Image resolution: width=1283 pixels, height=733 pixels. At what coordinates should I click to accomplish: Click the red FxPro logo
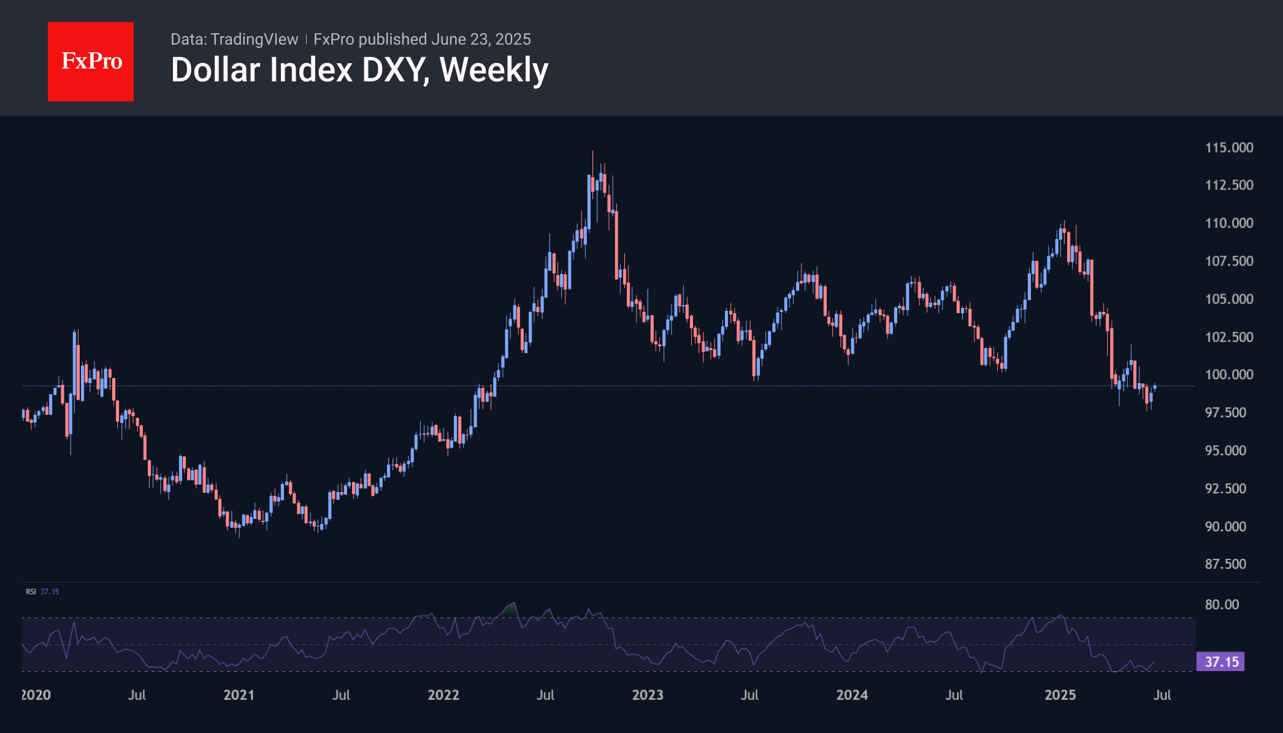coord(91,61)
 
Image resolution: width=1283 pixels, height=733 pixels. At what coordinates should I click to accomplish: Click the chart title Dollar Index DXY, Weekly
coord(359,70)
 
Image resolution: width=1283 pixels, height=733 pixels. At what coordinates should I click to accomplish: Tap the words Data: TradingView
coord(234,39)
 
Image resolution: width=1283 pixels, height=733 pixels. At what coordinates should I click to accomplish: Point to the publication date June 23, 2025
coord(481,39)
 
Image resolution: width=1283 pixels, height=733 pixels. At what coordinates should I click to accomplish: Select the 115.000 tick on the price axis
coord(1229,148)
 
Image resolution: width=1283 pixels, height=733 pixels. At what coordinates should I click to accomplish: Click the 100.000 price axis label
coord(1229,374)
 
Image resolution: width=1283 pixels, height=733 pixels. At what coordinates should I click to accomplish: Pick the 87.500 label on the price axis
coord(1225,564)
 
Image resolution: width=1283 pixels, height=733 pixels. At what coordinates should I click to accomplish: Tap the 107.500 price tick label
coord(1229,261)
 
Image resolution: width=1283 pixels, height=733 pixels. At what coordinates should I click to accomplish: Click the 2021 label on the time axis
coord(239,695)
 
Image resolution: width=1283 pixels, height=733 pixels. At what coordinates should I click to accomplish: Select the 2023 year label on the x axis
coord(648,695)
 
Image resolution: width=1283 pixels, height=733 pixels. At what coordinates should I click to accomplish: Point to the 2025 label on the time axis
coord(1060,695)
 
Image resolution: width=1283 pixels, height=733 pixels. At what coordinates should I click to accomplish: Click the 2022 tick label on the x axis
coord(443,695)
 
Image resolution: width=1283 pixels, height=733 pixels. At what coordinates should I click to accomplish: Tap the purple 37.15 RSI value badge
coord(1220,662)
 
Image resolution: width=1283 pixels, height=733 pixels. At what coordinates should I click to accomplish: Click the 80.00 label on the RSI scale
coord(1222,605)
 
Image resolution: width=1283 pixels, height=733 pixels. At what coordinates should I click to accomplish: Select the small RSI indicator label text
coord(31,592)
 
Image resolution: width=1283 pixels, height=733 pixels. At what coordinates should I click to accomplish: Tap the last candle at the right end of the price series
coord(1155,387)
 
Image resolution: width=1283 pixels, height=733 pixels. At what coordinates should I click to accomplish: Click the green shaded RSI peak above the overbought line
coord(510,609)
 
